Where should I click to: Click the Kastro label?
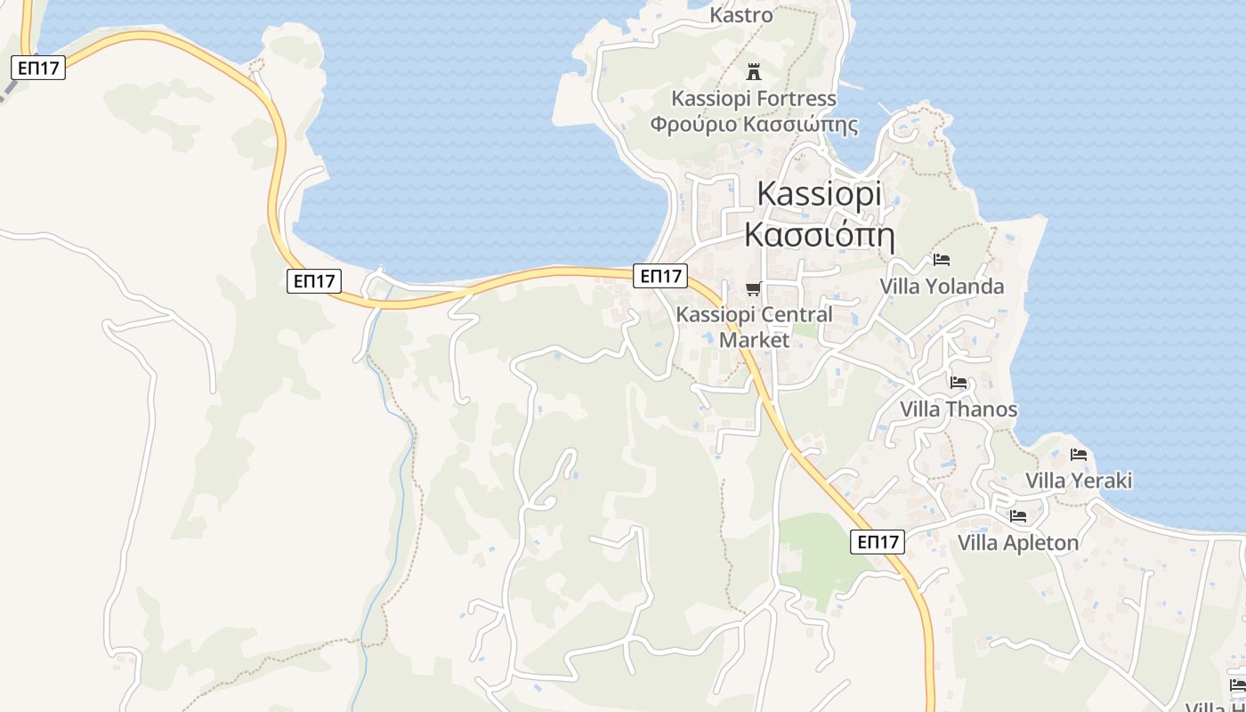[741, 15]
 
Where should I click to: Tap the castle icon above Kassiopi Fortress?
[754, 71]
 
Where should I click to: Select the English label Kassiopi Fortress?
[754, 98]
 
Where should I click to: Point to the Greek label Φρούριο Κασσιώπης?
[754, 124]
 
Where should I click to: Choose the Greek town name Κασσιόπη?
[819, 234]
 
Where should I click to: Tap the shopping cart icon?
[754, 287]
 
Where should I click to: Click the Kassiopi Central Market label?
[754, 327]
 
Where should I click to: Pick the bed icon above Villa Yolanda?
[942, 260]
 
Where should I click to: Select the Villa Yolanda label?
[942, 287]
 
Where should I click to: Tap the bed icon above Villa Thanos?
[959, 383]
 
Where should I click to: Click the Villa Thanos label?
[959, 409]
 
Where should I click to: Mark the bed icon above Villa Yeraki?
[1079, 455]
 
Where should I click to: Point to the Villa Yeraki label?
[1079, 481]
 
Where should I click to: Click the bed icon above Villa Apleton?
[1018, 516]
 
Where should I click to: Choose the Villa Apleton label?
[1018, 543]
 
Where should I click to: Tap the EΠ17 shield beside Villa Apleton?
[878, 541]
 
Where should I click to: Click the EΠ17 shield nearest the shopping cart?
[660, 276]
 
